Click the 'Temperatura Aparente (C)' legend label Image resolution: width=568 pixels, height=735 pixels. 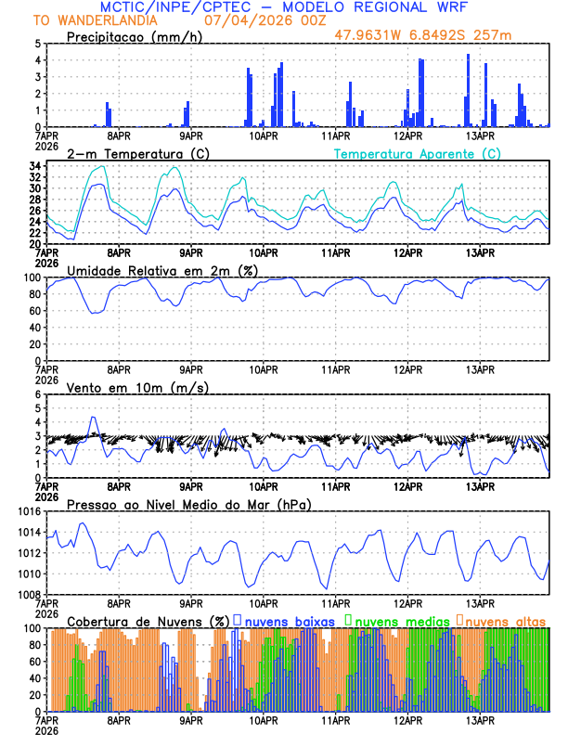click(417, 153)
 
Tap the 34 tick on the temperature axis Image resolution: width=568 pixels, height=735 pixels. click(33, 166)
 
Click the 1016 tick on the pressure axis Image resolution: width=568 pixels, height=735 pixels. click(27, 511)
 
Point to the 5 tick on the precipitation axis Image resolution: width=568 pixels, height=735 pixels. click(37, 44)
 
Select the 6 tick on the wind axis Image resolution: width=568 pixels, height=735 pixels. click(37, 394)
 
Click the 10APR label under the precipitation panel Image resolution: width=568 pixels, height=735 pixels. click(264, 135)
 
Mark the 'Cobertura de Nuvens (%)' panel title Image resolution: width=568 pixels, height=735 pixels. click(148, 621)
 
